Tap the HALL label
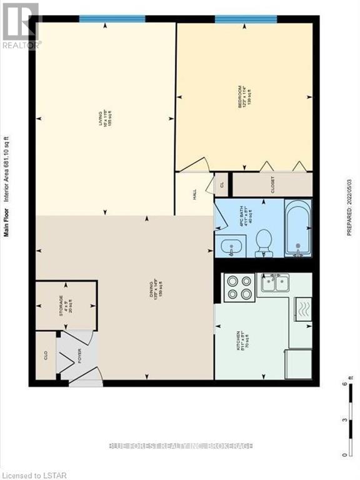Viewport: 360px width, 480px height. tap(195, 194)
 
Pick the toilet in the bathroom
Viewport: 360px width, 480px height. tap(264, 243)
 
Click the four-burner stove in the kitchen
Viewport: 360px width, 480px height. tap(239, 287)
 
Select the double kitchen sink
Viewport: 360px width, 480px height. tap(274, 284)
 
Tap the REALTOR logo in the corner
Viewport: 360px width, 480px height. tap(21, 25)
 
